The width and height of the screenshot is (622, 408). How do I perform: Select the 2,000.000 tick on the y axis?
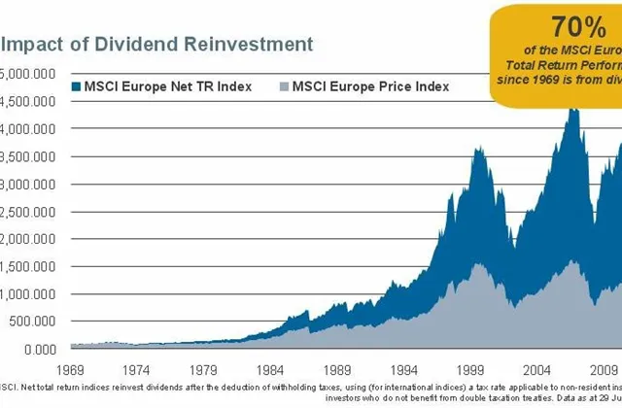click(29, 239)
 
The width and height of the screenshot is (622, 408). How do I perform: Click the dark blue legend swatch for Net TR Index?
click(78, 86)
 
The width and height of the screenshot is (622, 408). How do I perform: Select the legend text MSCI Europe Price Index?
click(369, 86)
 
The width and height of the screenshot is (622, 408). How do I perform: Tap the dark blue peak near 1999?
click(477, 150)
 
